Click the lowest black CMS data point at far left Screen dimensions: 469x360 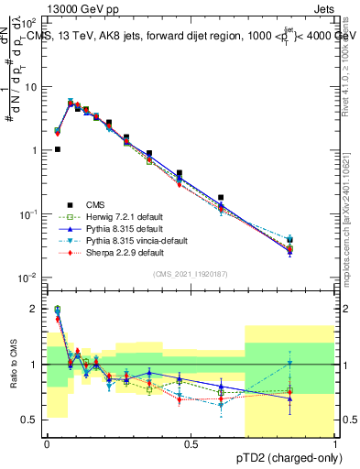point(58,149)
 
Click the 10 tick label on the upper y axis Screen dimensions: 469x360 point(30,86)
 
